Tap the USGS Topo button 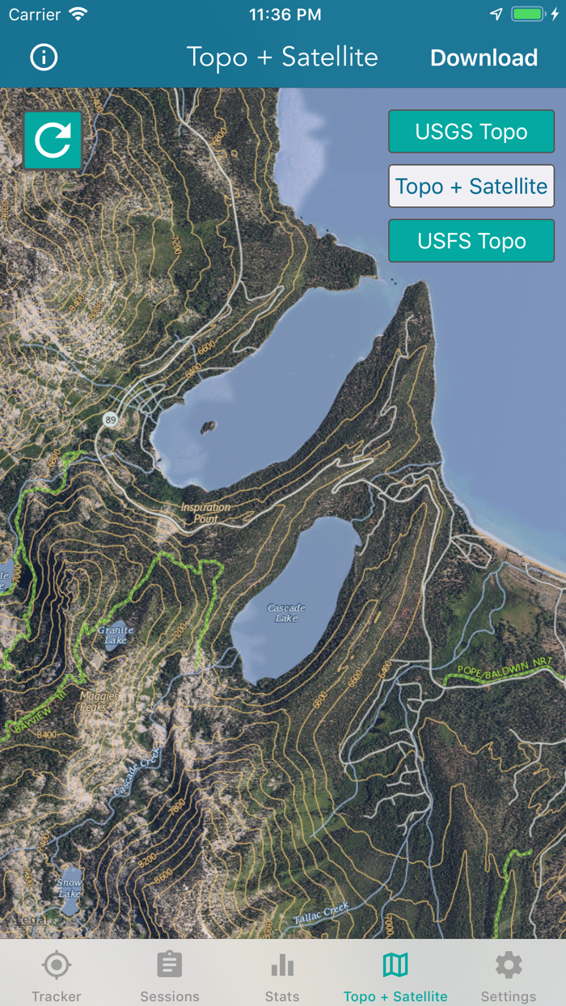click(471, 132)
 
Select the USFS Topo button click(471, 241)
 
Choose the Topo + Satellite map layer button click(471, 187)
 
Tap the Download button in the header click(484, 58)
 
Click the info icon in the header click(44, 57)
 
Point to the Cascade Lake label click(286, 613)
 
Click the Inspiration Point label click(205, 513)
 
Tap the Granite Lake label click(115, 634)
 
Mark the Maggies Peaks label click(99, 700)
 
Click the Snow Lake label click(70, 888)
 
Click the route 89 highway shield click(109, 418)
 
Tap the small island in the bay click(209, 425)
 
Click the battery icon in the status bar click(528, 15)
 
